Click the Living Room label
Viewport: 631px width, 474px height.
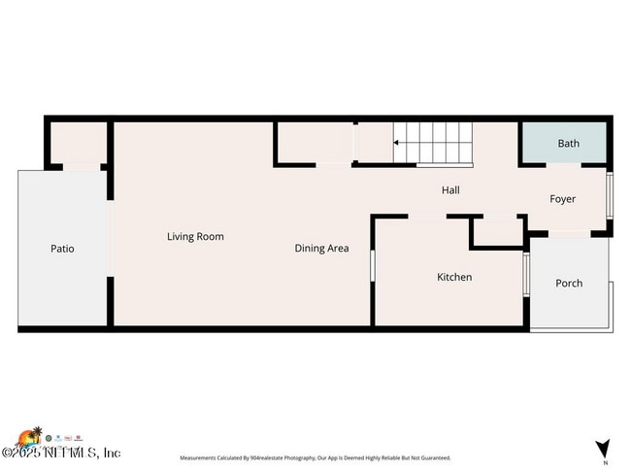pos(195,236)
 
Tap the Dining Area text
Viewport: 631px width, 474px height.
pos(321,249)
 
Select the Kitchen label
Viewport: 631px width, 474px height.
pos(453,277)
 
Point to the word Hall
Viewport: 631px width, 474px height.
pos(450,190)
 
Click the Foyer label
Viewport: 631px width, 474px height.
pos(562,199)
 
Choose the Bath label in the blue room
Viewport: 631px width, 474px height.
pos(568,144)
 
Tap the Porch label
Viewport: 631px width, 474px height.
pos(569,284)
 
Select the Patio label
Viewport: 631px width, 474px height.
pos(62,249)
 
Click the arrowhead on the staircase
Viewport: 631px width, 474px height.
pos(396,144)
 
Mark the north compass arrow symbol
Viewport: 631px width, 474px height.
pos(604,448)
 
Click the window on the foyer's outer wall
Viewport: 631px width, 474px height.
pos(610,194)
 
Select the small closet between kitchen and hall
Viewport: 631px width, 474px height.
pos(496,234)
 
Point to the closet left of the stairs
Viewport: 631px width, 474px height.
pos(313,143)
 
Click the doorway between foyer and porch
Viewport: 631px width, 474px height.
pos(568,233)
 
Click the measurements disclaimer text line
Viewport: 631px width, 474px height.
pos(315,457)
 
